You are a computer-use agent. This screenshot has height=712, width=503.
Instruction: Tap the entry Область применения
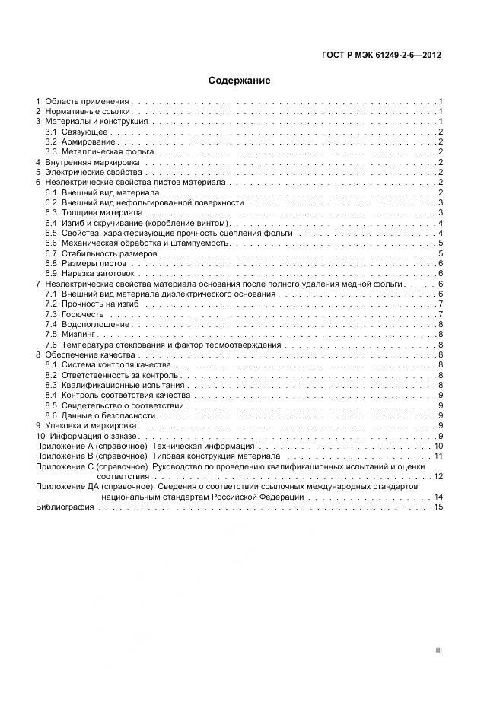point(88,101)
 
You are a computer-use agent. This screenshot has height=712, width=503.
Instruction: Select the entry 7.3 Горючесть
point(75,314)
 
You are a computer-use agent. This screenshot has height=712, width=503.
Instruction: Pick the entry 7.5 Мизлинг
point(73,334)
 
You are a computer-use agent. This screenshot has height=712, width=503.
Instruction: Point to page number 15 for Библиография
point(438,507)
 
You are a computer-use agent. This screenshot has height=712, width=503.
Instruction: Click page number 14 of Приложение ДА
point(438,497)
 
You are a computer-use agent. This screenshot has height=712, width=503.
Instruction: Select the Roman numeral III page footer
point(438,650)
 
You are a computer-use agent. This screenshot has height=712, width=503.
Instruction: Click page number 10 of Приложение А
point(438,446)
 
